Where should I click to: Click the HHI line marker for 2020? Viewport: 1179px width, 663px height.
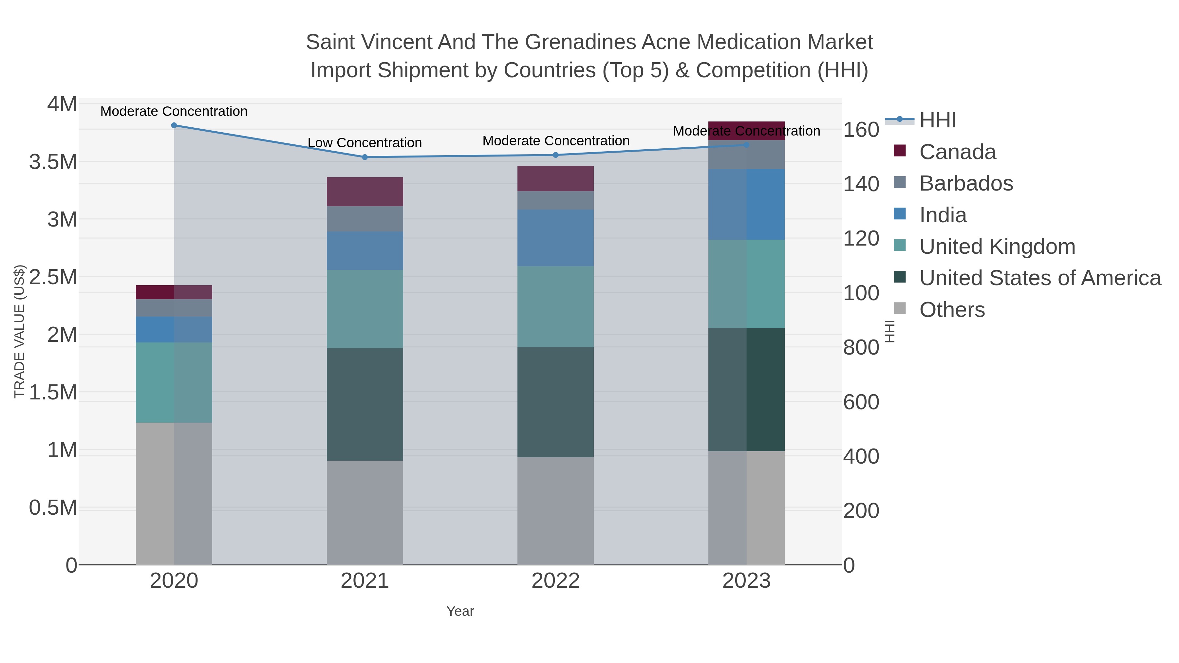[x=174, y=125]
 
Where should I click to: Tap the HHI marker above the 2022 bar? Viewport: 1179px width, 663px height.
[x=556, y=155]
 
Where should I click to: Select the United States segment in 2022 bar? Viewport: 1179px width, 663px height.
[x=556, y=402]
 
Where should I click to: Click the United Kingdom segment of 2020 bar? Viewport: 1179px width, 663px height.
[x=174, y=382]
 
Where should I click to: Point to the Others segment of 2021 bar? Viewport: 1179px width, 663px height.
[x=365, y=512]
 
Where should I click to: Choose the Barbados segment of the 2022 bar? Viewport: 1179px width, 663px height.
[x=556, y=200]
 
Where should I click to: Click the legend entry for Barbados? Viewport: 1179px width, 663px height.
[x=966, y=183]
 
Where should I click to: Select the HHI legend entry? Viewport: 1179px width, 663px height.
[x=937, y=120]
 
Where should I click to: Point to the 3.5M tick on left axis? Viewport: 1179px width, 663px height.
[x=53, y=162]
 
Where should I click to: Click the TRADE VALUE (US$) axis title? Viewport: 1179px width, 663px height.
[x=19, y=331]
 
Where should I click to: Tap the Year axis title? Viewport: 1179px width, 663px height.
[x=460, y=611]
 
